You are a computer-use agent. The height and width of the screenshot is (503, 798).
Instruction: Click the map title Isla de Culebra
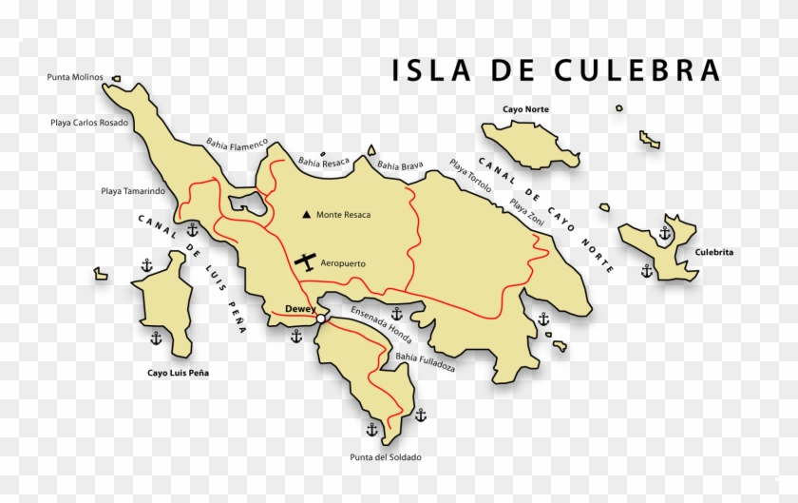point(557,70)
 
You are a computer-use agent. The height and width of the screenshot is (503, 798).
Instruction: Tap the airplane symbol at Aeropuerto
point(306,261)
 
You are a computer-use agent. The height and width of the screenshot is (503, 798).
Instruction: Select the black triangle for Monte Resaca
point(306,215)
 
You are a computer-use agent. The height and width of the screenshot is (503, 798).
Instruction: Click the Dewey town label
point(300,308)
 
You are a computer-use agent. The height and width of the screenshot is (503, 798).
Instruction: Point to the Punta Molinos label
point(75,77)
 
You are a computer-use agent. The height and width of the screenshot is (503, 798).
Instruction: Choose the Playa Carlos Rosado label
point(89,122)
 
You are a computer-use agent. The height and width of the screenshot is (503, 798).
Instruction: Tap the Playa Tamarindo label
point(133,191)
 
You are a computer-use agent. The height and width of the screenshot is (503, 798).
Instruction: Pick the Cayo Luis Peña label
point(178,373)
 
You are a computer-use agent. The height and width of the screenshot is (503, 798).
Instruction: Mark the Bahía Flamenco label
point(237,144)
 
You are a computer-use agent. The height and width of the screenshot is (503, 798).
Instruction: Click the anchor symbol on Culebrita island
point(665,232)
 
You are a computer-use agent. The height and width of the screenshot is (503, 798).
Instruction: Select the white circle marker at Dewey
point(322,319)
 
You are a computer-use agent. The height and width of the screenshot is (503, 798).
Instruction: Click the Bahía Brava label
point(400,165)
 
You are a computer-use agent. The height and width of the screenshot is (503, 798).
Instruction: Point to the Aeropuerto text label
point(343,263)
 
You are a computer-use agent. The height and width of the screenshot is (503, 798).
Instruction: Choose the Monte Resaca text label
point(344,215)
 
